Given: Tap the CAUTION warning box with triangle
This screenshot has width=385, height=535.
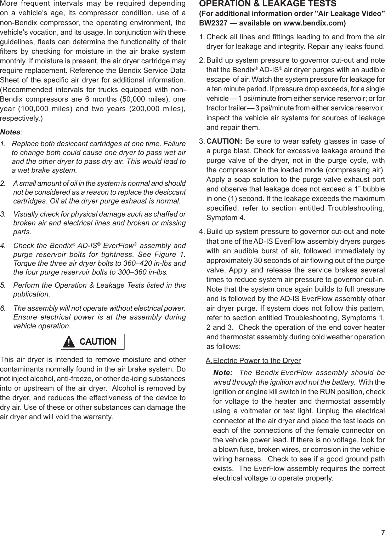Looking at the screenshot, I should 93,341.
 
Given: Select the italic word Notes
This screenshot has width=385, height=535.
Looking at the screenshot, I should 10,132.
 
